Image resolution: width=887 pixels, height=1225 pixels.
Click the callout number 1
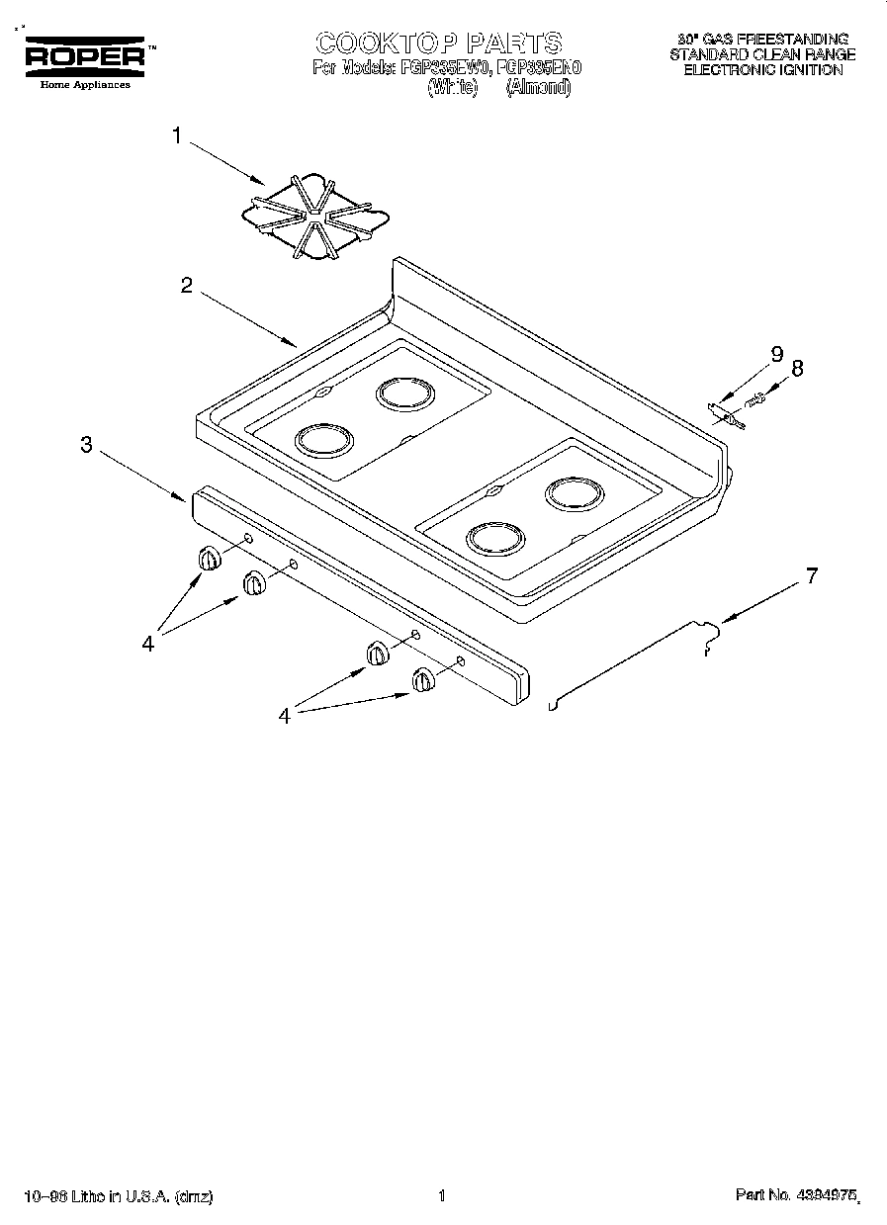(177, 136)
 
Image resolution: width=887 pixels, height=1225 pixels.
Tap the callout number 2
(186, 286)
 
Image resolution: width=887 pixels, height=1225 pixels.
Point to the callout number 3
(87, 445)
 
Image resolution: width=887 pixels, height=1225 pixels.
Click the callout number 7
(812, 575)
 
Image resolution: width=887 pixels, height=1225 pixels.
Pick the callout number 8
(797, 368)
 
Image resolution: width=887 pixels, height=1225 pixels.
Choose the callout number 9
(776, 353)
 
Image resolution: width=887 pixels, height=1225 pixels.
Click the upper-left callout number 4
(148, 643)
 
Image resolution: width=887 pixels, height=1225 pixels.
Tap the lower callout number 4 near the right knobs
(285, 716)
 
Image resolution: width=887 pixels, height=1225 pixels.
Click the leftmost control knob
(209, 559)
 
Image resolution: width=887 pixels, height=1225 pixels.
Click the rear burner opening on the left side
(404, 395)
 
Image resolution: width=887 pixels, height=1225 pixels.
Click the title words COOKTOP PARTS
(438, 43)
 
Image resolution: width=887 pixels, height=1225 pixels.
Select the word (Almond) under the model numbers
(538, 87)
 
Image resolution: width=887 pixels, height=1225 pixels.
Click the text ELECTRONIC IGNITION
(763, 70)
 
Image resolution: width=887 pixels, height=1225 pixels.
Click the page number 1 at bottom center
(442, 1196)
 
